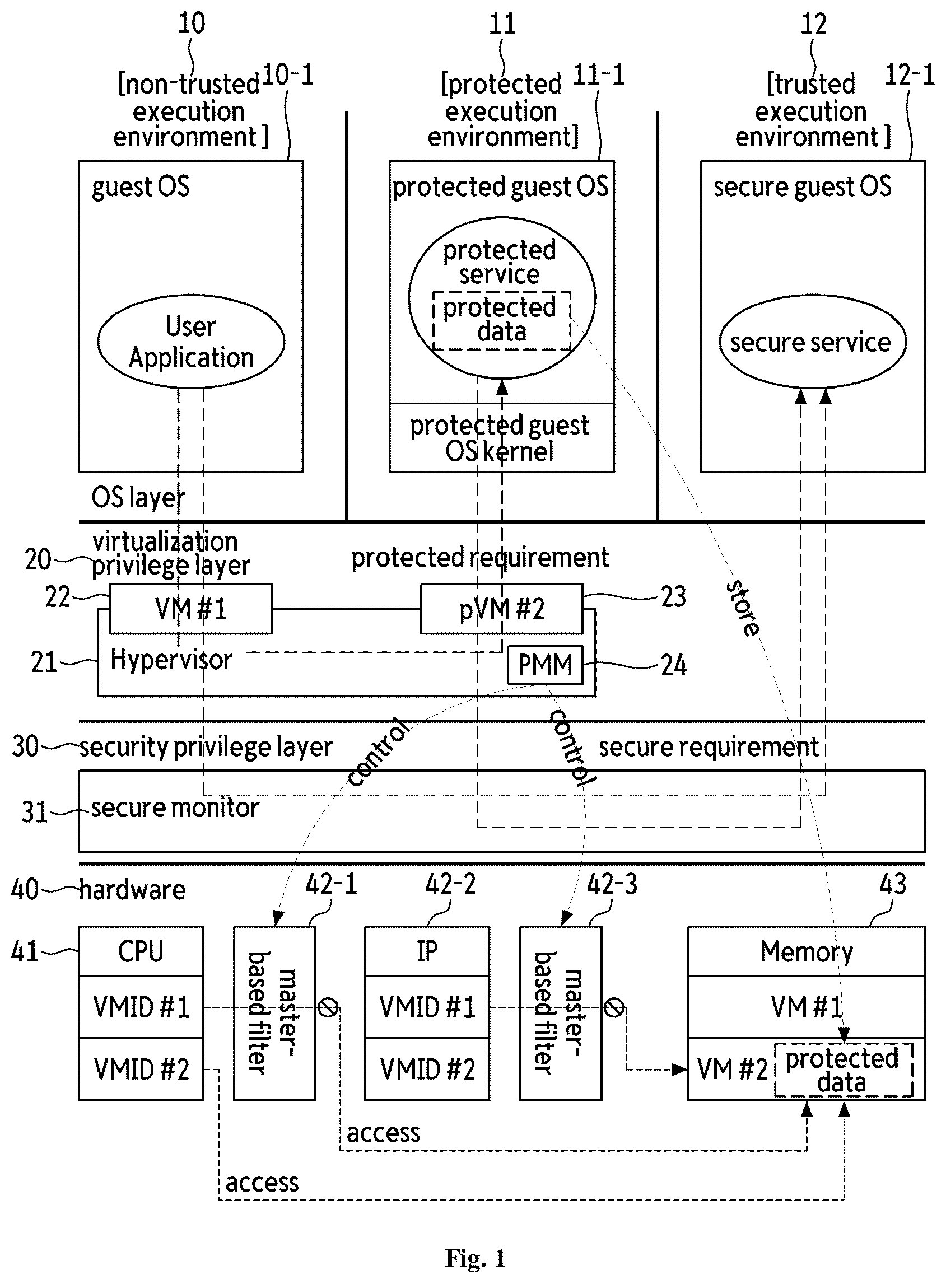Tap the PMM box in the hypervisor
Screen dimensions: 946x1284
tap(544, 665)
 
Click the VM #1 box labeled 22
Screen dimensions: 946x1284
tap(190, 609)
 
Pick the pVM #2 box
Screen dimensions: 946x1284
tap(502, 609)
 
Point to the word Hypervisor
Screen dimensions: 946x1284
tap(171, 660)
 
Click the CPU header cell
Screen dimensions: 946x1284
tap(141, 951)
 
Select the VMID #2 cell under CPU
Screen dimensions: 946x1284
tap(141, 1070)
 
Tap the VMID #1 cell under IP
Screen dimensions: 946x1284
tap(427, 1007)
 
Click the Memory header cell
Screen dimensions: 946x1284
tap(807, 951)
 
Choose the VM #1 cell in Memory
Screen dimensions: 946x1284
tap(807, 1007)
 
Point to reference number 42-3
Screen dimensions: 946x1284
tap(612, 884)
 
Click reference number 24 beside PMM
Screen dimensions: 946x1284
tap(673, 665)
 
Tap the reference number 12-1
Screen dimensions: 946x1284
tap(910, 74)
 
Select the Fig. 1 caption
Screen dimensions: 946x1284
tap(476, 1259)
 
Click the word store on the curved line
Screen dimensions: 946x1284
tap(743, 608)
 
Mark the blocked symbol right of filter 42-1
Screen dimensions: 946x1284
tap(328, 1007)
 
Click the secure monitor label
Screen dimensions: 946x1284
tap(175, 807)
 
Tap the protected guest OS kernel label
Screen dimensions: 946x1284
tap(500, 438)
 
